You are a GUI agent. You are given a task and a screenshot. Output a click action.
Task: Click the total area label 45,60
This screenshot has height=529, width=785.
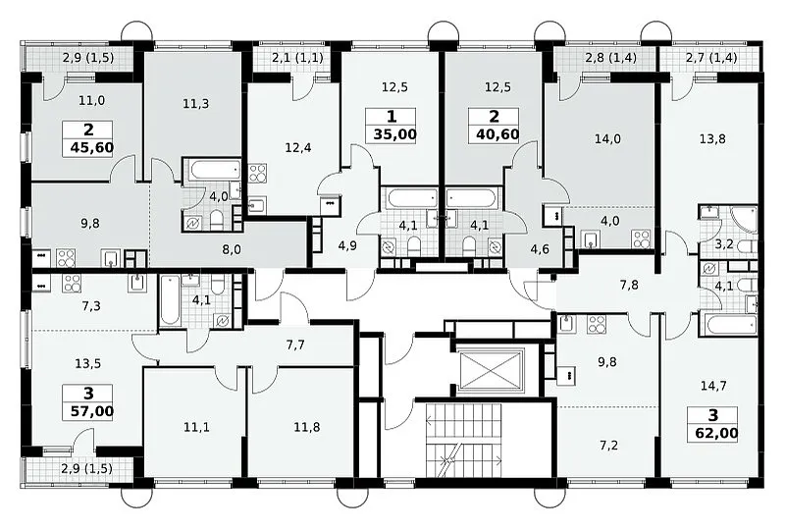(92, 148)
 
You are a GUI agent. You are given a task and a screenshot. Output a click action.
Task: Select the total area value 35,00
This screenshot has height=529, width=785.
(395, 134)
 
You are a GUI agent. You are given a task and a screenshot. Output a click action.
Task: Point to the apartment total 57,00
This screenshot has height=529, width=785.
(92, 412)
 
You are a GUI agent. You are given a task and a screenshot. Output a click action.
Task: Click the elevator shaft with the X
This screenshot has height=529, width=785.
(491, 371)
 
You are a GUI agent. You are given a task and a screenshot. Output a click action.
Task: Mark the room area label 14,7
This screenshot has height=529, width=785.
(714, 387)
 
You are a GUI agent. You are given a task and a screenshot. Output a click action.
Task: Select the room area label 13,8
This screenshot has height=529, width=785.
(712, 138)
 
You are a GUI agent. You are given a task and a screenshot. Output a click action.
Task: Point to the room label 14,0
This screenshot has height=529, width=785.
(607, 138)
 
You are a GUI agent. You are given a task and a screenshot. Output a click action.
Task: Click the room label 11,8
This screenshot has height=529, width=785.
(307, 427)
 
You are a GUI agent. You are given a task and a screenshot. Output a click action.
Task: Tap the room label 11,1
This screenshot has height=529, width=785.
(196, 427)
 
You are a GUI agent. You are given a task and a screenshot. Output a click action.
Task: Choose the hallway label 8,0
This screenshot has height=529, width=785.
(232, 249)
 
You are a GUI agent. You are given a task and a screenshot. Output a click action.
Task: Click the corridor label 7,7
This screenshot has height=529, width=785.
(295, 344)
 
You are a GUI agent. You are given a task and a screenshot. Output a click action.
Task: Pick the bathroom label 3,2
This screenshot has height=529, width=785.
(724, 244)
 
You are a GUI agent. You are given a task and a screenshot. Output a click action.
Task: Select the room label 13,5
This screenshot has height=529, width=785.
(88, 364)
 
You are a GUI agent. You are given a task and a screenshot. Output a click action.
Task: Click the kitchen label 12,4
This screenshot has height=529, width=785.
(298, 148)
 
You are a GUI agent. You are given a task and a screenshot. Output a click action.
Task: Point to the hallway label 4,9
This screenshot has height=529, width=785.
(347, 246)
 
